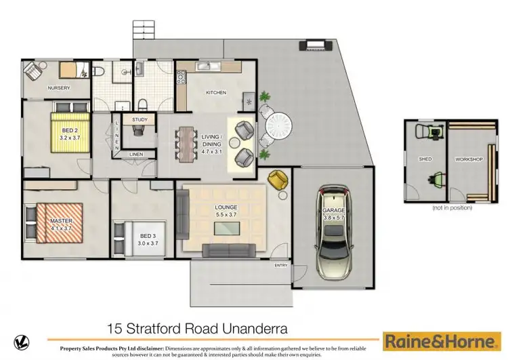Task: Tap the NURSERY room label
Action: (x=59, y=88)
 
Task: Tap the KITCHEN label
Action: (x=216, y=93)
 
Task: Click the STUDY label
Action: (x=140, y=120)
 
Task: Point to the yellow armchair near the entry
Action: (x=277, y=179)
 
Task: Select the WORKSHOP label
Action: (x=468, y=159)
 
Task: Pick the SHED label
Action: (x=425, y=159)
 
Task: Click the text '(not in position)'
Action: (x=451, y=207)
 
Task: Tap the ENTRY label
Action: (x=280, y=266)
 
